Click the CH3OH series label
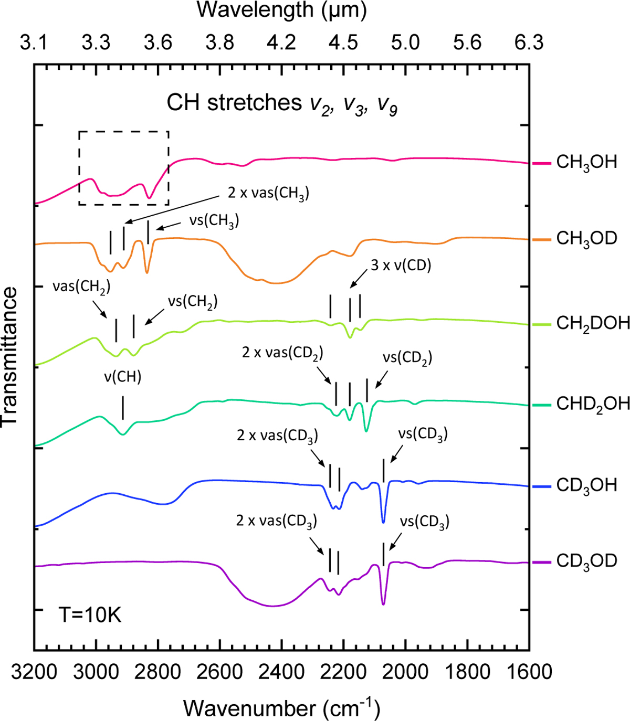[586, 162]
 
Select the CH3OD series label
[586, 239]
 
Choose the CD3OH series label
[586, 485]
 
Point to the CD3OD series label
[586, 561]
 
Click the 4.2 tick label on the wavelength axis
[281, 42]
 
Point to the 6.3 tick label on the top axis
[529, 42]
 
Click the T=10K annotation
[90, 614]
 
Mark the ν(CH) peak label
[123, 377]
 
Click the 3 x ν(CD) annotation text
[401, 266]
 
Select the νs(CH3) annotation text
[214, 221]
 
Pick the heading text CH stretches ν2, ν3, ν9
[281, 103]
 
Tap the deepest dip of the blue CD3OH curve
[383, 522]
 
